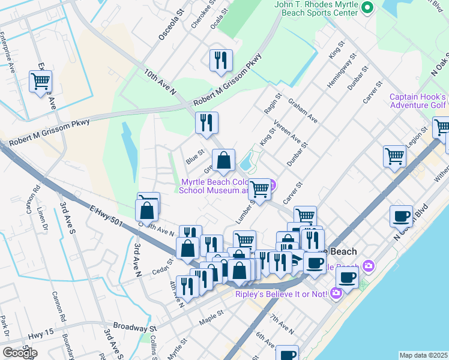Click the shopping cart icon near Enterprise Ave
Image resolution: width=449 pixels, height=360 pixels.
click(40, 81)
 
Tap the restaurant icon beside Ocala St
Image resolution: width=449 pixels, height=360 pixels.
click(221, 60)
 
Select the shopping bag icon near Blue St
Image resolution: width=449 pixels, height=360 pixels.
click(223, 160)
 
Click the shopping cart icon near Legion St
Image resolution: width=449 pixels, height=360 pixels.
click(394, 156)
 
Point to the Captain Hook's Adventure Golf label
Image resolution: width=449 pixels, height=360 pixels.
click(418, 101)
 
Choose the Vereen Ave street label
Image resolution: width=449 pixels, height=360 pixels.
click(287, 131)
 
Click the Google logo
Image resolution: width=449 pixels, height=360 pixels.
click(20, 352)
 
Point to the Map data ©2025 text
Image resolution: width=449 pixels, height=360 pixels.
click(423, 355)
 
